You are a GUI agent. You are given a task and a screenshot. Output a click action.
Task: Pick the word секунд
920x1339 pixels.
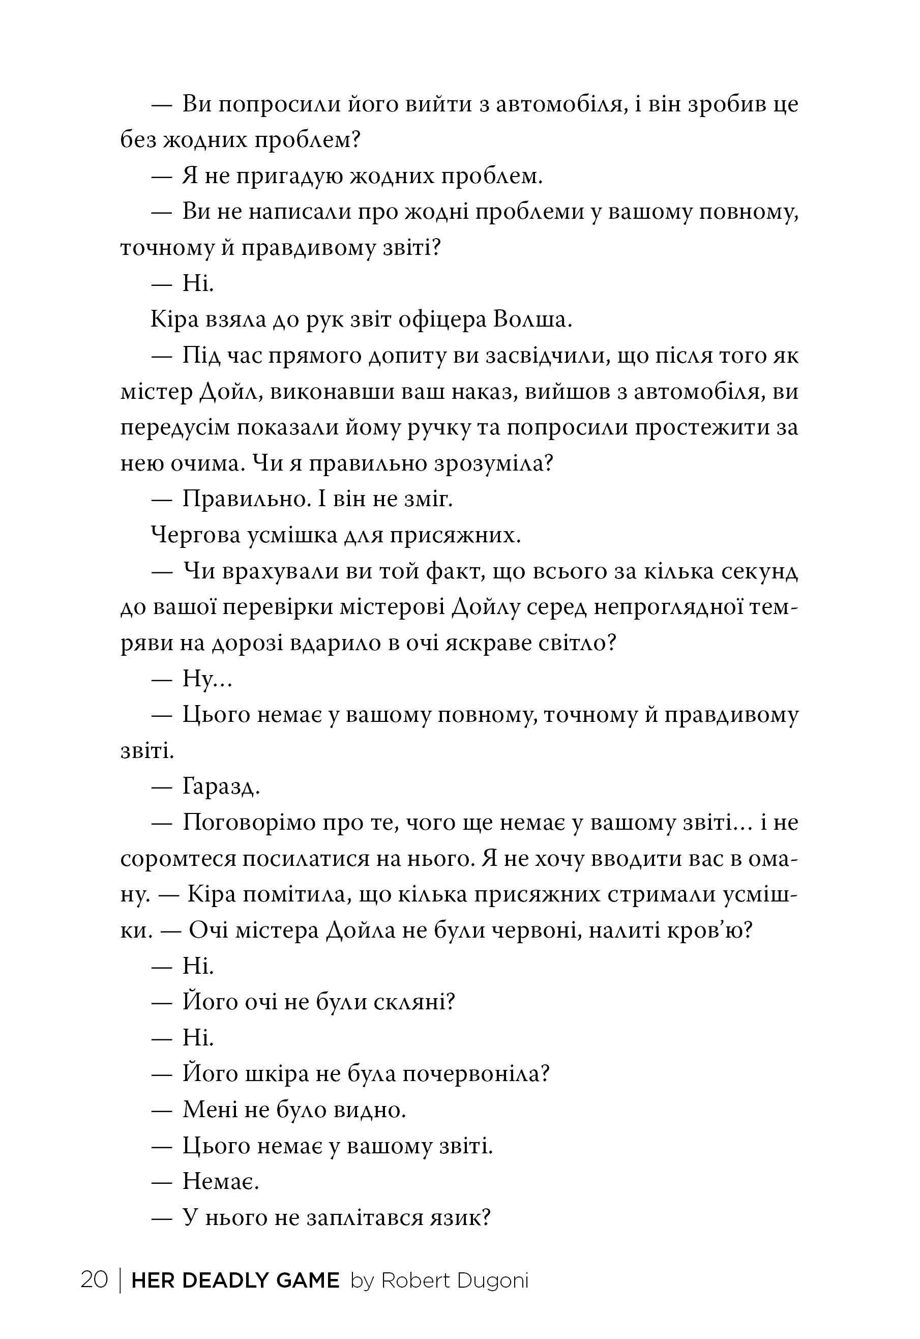pyautogui.click(x=760, y=572)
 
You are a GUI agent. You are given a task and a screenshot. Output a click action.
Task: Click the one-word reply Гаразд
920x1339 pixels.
pyautogui.click(x=222, y=787)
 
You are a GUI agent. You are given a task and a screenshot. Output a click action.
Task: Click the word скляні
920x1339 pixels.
pyautogui.click(x=414, y=1002)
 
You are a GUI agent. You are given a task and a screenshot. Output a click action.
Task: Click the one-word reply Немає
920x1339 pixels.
pyautogui.click(x=221, y=1181)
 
